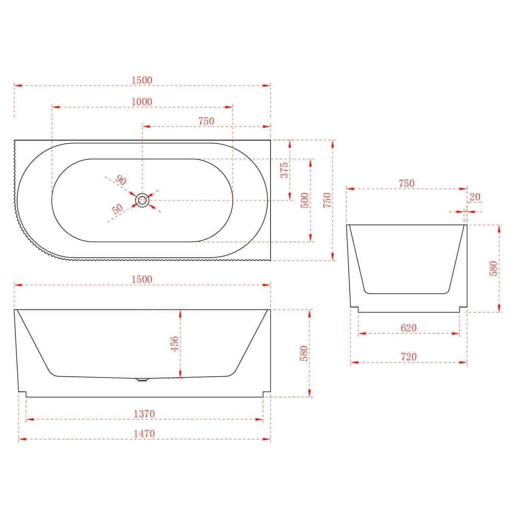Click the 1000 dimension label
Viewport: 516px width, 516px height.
[142, 102]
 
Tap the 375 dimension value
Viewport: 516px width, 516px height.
[284, 170]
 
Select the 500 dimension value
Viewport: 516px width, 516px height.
[305, 200]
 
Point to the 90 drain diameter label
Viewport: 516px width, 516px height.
[121, 180]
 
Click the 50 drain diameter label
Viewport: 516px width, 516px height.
[117, 209]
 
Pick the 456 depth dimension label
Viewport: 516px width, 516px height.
[174, 344]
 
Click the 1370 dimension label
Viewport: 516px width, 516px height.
[144, 414]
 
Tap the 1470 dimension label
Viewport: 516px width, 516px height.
[144, 434]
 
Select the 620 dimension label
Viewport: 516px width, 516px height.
[408, 328]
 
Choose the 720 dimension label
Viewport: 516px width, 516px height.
[408, 356]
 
